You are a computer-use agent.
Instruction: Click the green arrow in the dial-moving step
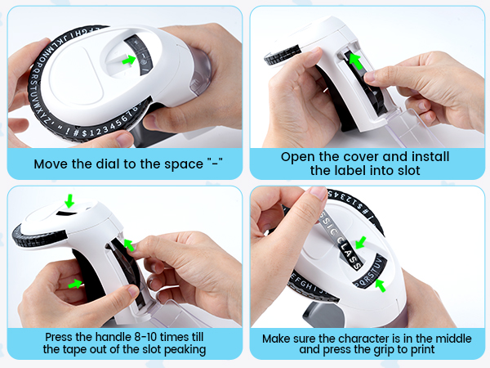pos(127,60)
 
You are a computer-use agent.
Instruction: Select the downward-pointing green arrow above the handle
pos(69,200)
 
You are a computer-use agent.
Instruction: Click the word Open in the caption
pos(298,156)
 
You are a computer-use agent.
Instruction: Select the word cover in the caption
pos(366,156)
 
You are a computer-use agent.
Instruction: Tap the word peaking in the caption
pos(184,349)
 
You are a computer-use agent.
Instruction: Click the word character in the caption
pos(362,337)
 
